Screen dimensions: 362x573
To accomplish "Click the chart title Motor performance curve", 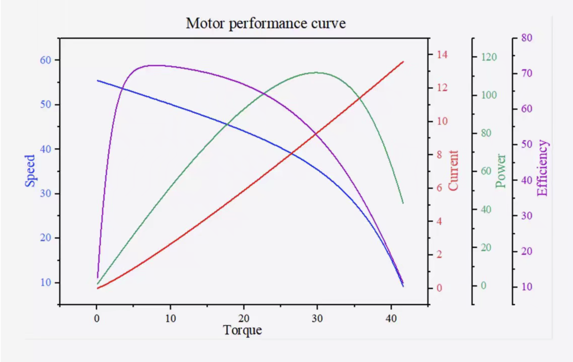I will point(266,23).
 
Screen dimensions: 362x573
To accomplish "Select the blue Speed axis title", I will point(30,171).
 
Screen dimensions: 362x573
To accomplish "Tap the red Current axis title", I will point(453,170).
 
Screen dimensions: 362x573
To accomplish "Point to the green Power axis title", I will point(501,171).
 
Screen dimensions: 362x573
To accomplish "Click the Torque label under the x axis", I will point(242,330).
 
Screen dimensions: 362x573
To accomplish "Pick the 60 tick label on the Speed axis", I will point(45,60).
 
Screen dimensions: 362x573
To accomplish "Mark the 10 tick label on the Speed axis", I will point(45,282).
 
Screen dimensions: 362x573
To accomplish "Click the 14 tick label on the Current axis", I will point(442,55).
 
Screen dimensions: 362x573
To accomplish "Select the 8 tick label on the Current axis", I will point(440,155).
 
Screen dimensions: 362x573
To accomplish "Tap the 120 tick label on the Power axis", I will point(489,57).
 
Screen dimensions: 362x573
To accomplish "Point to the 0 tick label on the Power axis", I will point(483,285).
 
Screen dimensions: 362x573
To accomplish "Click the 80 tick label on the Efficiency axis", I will point(527,38).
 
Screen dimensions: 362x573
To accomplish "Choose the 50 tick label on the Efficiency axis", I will point(527,144).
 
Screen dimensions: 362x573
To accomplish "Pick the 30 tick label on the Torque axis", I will point(317,319).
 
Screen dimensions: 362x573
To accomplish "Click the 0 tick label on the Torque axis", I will point(97,319).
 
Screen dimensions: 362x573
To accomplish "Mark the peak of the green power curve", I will point(316,72).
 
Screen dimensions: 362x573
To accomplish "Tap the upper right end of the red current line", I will point(403,62).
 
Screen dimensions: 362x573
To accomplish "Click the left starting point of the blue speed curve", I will point(98,81).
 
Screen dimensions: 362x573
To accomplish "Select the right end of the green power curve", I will point(403,203).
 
